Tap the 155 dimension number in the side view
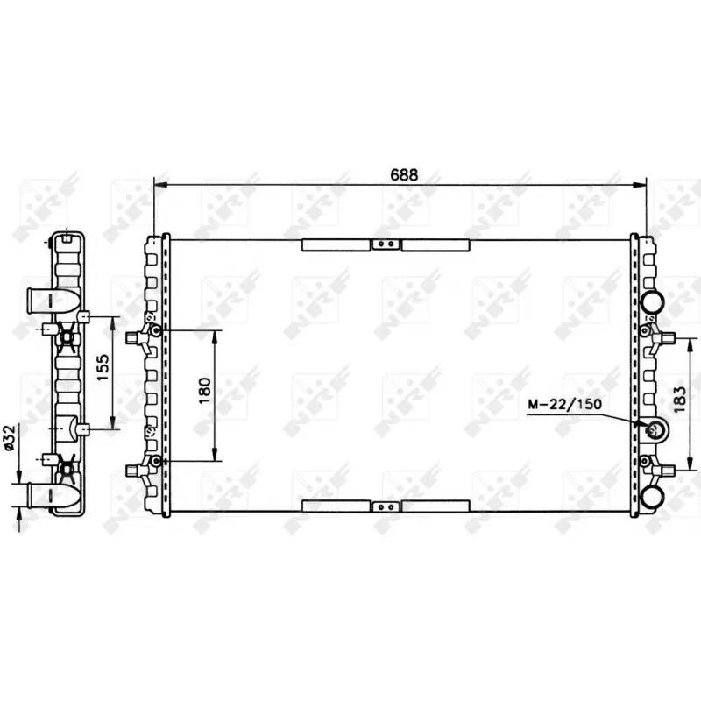point(102,372)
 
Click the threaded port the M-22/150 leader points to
point(654,429)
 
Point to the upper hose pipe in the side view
point(39,301)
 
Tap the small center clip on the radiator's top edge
point(383,245)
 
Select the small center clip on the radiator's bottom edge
point(383,506)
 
